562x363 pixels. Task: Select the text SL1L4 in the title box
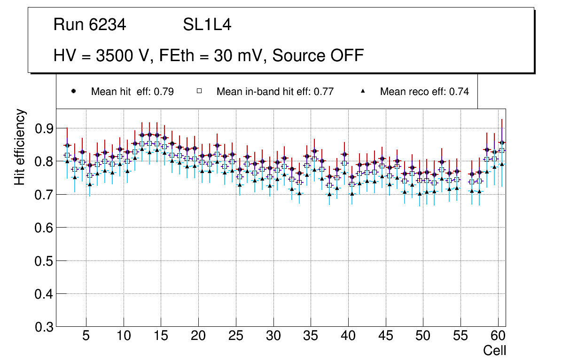[207, 25]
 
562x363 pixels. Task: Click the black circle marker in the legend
[73, 91]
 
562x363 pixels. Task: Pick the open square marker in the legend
[199, 91]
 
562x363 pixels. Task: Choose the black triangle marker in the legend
[363, 91]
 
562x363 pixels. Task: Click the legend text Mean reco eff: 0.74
[424, 92]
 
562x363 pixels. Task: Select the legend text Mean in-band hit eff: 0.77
[275, 92]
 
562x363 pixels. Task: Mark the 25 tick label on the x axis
[236, 337]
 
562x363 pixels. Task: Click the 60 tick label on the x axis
[498, 337]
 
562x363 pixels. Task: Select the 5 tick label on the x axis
[86, 337]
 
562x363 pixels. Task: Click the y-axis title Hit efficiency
[20, 147]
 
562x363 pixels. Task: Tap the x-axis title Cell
[495, 350]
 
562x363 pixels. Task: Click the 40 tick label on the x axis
[348, 337]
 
